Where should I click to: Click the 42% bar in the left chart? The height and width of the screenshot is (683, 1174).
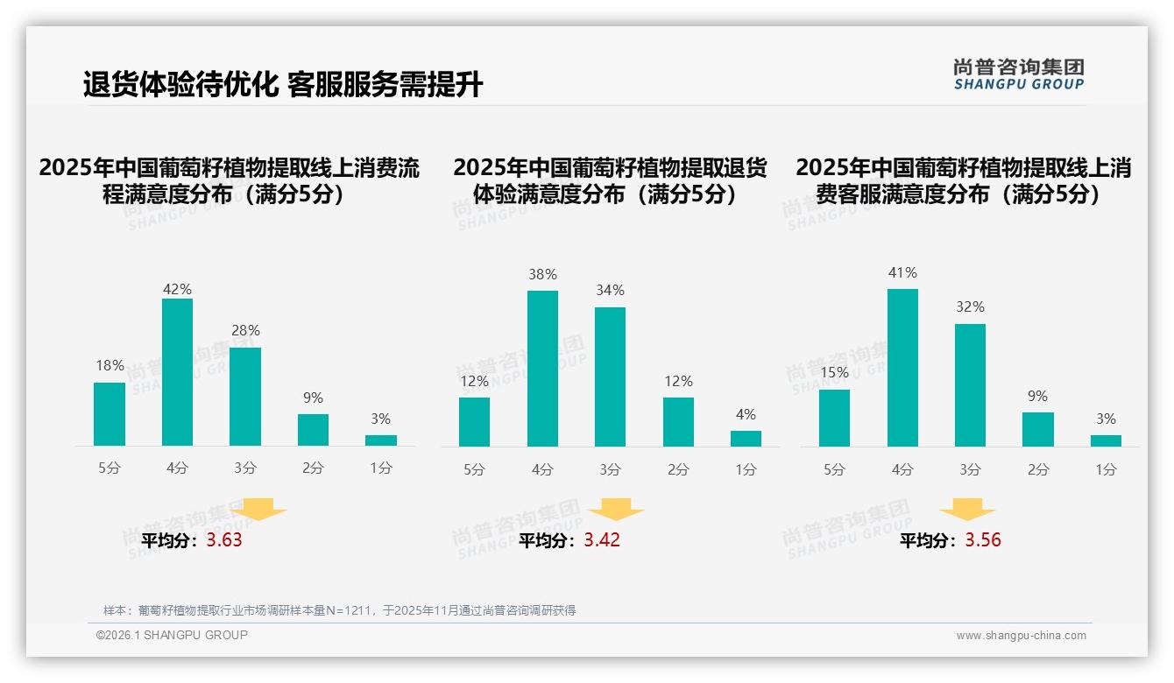(177, 372)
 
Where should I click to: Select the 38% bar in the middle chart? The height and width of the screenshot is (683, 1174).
(542, 369)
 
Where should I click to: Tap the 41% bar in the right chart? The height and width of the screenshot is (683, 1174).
(902, 368)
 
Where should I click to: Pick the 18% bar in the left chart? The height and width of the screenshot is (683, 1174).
(110, 414)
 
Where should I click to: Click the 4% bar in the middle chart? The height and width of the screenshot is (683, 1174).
(746, 439)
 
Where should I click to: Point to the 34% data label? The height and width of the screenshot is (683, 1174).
(611, 290)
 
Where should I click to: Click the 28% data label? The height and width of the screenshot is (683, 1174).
(245, 330)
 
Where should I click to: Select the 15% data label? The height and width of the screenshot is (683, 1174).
(834, 372)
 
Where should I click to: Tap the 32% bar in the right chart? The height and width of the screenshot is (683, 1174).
(970, 385)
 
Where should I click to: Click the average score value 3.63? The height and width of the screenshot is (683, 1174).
(224, 540)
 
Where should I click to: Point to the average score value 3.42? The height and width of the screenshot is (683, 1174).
(602, 540)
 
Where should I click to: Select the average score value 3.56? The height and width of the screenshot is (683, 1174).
(983, 540)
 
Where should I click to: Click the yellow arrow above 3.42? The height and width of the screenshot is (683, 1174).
(616, 510)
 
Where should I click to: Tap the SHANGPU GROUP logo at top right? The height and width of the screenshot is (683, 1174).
(1018, 74)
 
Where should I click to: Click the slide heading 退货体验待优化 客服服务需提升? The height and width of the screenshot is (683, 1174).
(282, 85)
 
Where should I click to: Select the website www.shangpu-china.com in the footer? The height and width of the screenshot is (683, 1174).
(1021, 636)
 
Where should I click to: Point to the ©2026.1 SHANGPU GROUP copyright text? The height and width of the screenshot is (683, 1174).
(172, 635)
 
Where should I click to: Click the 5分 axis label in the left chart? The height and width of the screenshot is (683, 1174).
(110, 468)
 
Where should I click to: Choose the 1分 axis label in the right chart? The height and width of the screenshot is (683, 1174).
(1106, 470)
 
